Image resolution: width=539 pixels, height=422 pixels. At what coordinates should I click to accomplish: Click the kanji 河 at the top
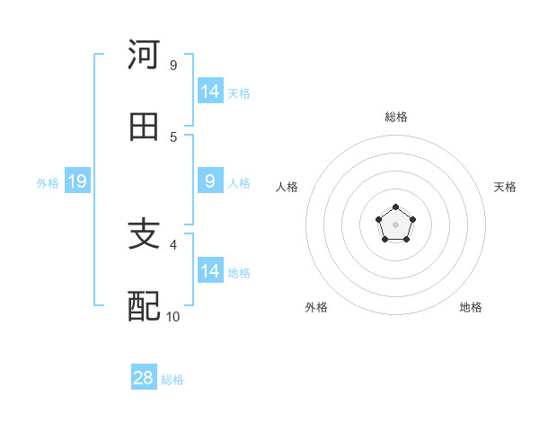pos(145,56)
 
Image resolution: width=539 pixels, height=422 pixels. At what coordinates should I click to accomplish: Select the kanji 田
pos(145,127)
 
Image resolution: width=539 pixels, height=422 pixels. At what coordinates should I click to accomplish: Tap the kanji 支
pos(145,235)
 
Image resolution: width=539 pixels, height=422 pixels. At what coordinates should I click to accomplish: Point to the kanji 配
pos(145,307)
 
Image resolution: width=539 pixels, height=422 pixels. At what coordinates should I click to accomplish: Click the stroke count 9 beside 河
pos(173,66)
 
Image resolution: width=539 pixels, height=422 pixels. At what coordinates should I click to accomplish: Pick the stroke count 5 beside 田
pos(173,137)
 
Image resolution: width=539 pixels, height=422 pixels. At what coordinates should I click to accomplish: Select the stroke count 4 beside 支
pos(173,244)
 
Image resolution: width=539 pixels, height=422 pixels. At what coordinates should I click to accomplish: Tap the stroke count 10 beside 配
pos(173,316)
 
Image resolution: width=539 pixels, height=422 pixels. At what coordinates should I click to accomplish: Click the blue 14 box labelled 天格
pos(210,92)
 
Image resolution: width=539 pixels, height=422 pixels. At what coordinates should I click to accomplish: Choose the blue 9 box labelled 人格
pos(210,181)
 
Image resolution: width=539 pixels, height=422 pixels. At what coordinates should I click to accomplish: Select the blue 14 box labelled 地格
pos(210,271)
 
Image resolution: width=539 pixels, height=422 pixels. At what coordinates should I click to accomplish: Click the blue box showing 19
pos(76,182)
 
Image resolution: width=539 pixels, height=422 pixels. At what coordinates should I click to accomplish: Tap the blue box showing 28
pos(144,378)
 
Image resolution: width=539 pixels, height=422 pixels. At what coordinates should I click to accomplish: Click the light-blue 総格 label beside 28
pos(172,380)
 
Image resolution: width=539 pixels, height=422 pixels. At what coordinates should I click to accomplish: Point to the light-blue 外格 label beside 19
pos(48,183)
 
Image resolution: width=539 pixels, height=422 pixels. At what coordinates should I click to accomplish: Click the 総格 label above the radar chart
pos(395,117)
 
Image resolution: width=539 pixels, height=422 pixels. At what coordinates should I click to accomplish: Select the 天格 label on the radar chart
pos(505,187)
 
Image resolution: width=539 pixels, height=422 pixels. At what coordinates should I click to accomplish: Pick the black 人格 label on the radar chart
pos(287,187)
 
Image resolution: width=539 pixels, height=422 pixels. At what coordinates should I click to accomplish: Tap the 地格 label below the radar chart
pos(471,307)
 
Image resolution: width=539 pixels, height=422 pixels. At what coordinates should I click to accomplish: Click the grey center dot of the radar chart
pos(395,224)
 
